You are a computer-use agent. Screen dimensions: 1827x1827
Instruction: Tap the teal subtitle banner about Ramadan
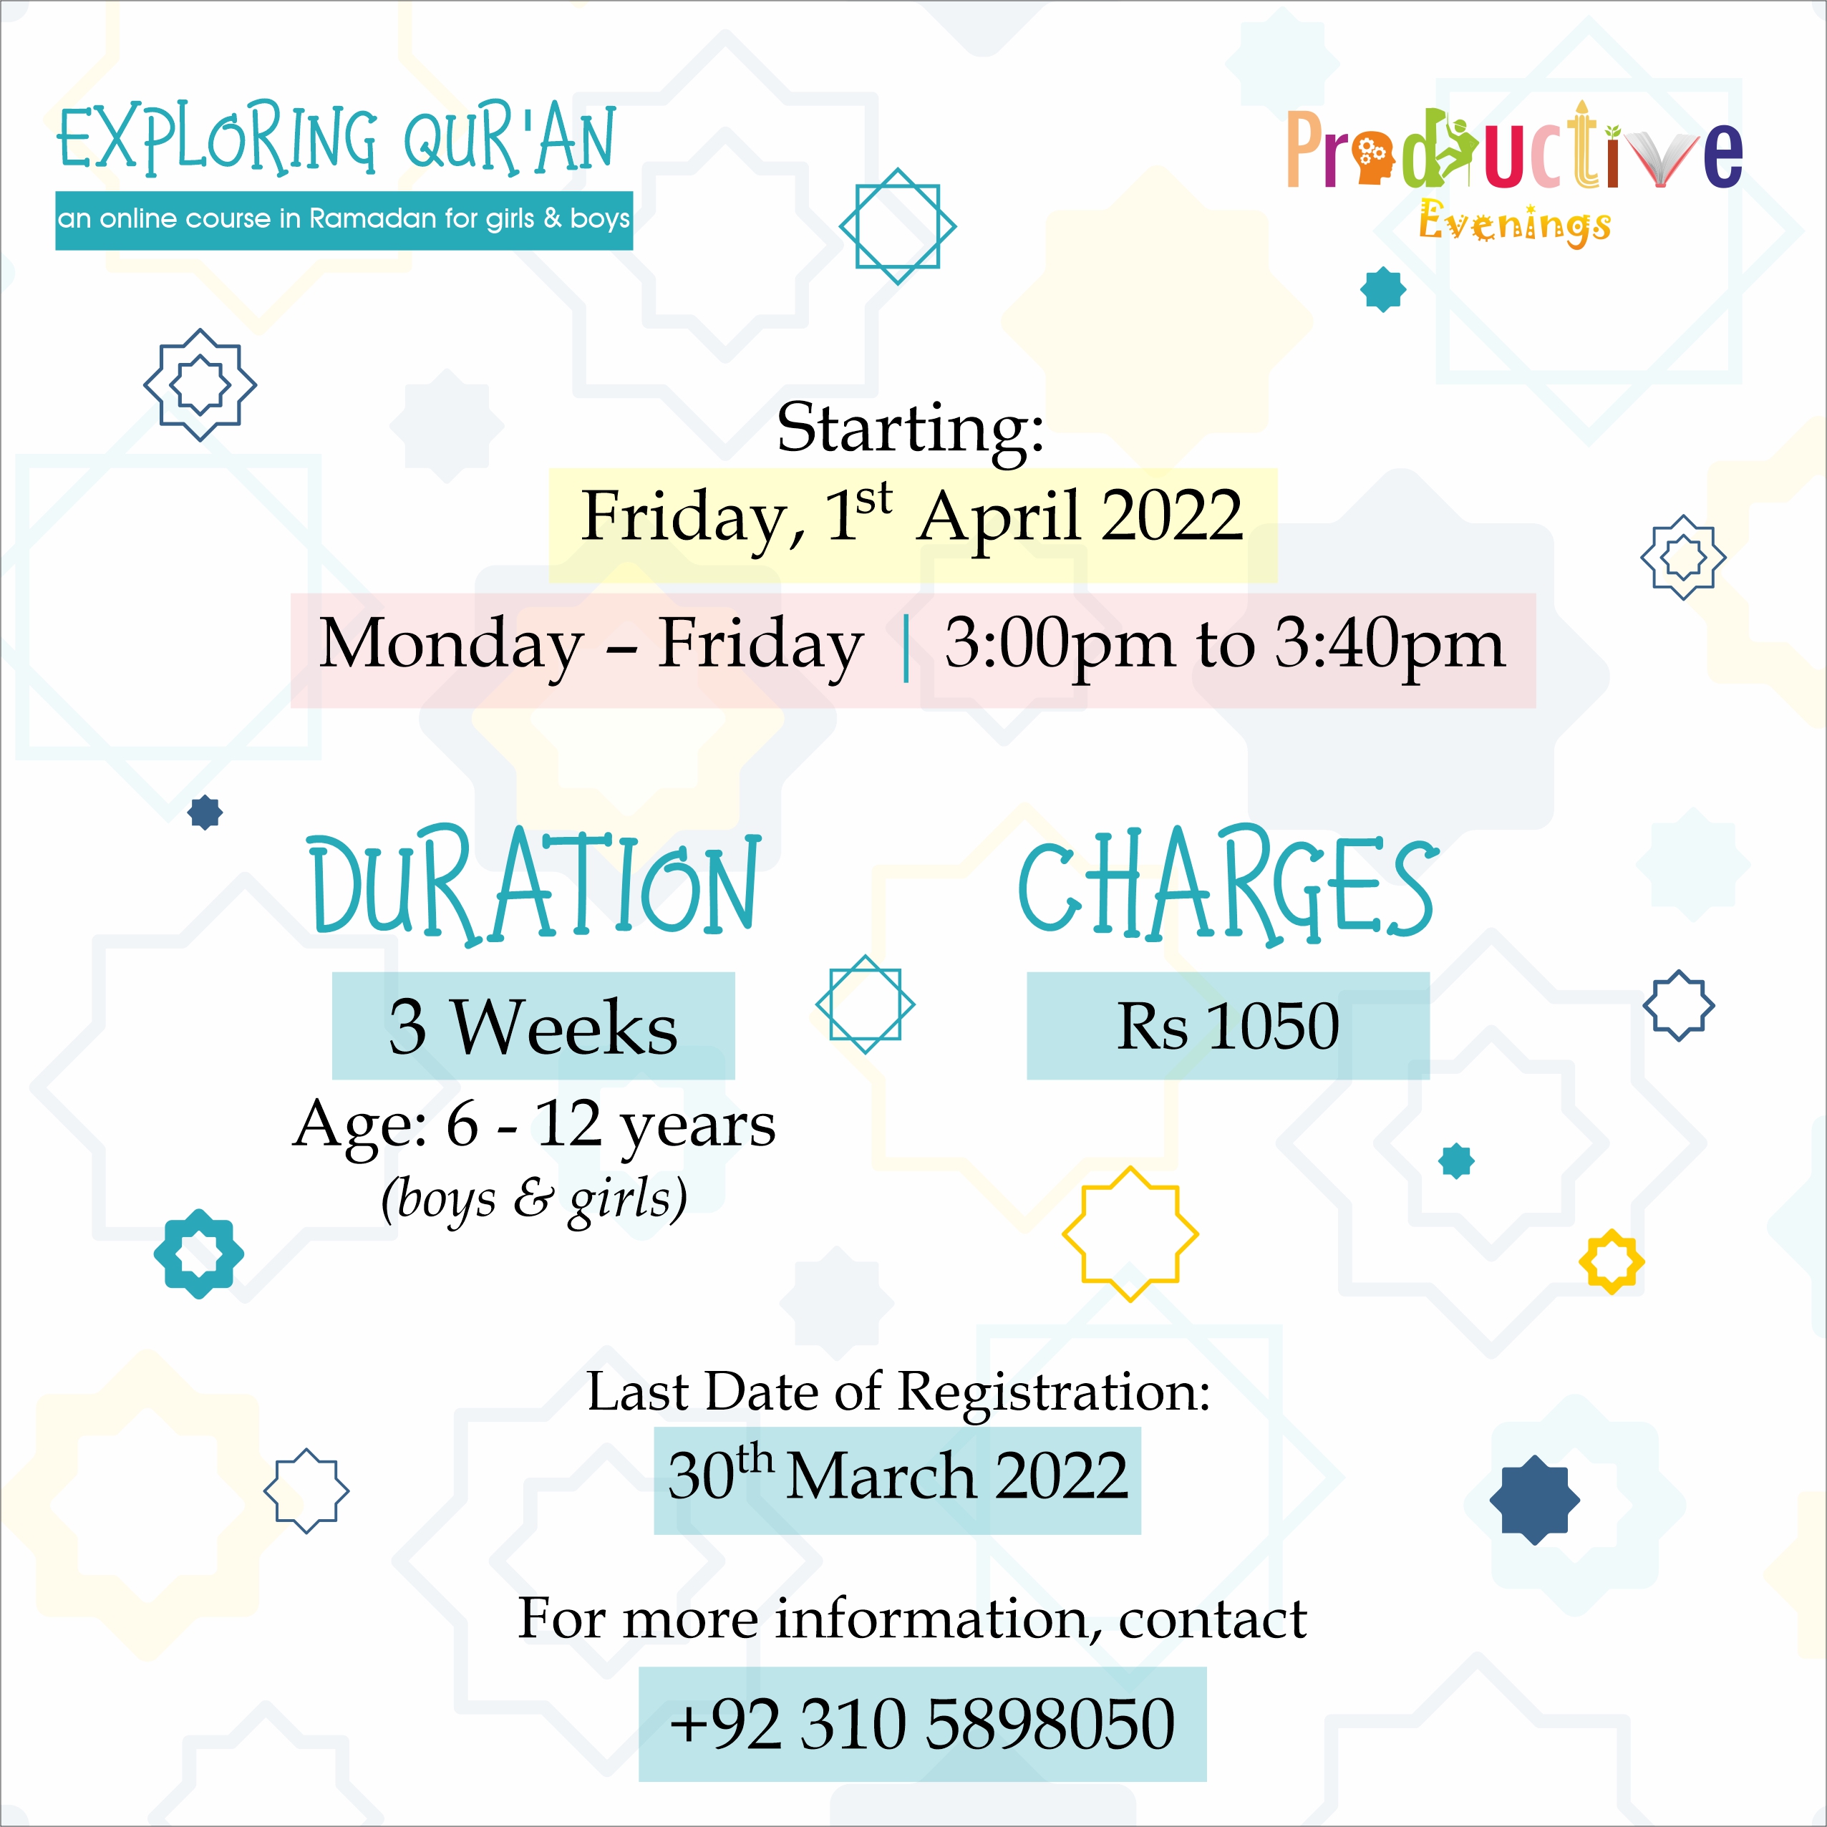(344, 220)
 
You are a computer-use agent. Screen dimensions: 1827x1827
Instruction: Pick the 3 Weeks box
(533, 1026)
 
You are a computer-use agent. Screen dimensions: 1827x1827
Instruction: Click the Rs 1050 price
(1228, 1026)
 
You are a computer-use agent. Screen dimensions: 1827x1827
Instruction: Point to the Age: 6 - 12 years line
(534, 1125)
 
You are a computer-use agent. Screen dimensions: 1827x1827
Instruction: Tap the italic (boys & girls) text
(534, 1198)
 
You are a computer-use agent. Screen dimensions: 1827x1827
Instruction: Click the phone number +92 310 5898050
(922, 1723)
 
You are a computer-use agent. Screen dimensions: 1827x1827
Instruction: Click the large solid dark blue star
(1534, 1500)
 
